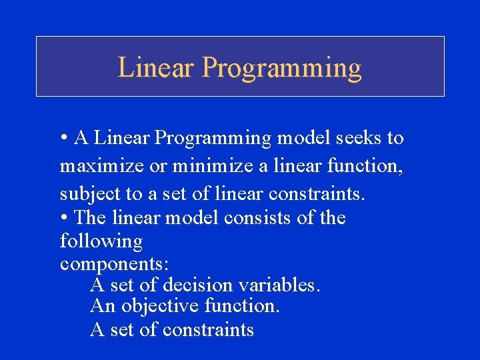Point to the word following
pos(101,241)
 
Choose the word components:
pos(109,264)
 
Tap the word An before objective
pos(102,307)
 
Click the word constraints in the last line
pos(207,329)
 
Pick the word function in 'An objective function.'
pos(242,307)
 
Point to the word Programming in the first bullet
pos(213,139)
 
